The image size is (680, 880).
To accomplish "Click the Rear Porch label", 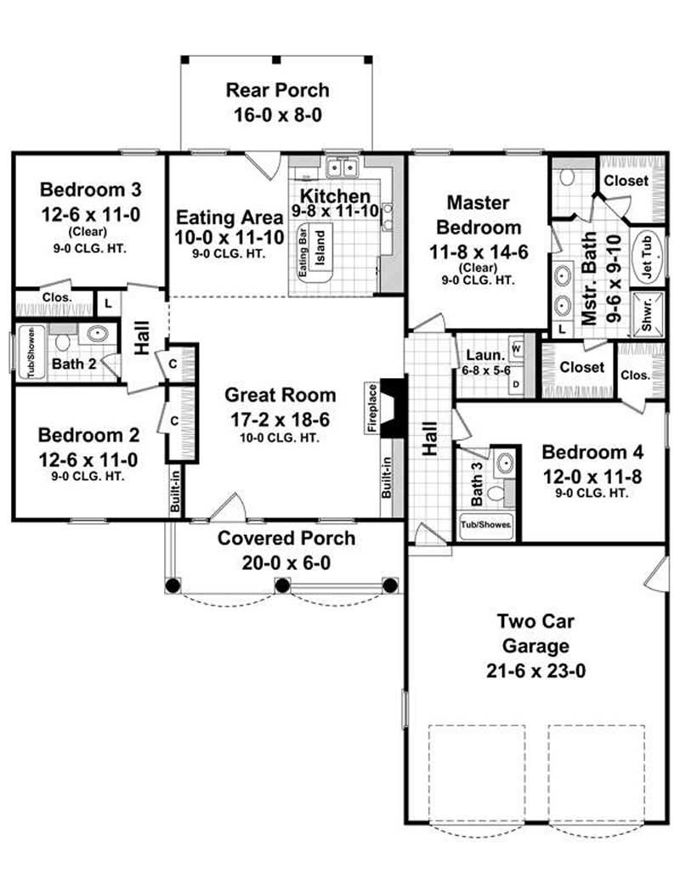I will [x=277, y=90].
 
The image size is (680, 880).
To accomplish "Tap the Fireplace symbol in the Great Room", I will [x=394, y=399].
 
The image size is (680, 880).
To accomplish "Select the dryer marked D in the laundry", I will [x=517, y=383].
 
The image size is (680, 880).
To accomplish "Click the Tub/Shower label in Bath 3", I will [x=487, y=525].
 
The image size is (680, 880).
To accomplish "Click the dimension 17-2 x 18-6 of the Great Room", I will [x=280, y=419].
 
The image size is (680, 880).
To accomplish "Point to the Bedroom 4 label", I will [x=592, y=451].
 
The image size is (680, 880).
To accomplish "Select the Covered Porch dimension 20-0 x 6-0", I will [x=286, y=562].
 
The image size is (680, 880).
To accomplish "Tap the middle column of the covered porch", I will [x=281, y=584].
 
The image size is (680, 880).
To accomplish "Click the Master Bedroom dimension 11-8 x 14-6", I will [x=479, y=252].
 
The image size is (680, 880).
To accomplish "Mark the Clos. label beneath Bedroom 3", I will [x=54, y=298].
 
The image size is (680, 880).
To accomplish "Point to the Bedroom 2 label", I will [x=88, y=435].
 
